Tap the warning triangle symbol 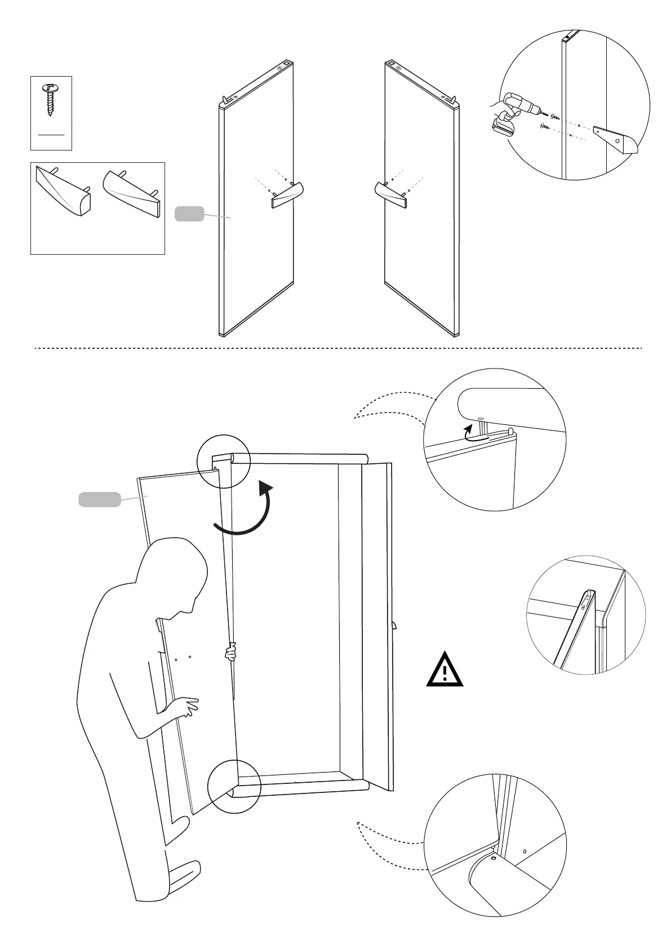pyautogui.click(x=445, y=670)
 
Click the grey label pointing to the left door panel pyautogui.click(x=189, y=214)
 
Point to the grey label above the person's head pyautogui.click(x=99, y=499)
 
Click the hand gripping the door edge pyautogui.click(x=230, y=653)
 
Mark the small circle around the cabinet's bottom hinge pyautogui.click(x=234, y=787)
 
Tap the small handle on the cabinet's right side pyautogui.click(x=395, y=625)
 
